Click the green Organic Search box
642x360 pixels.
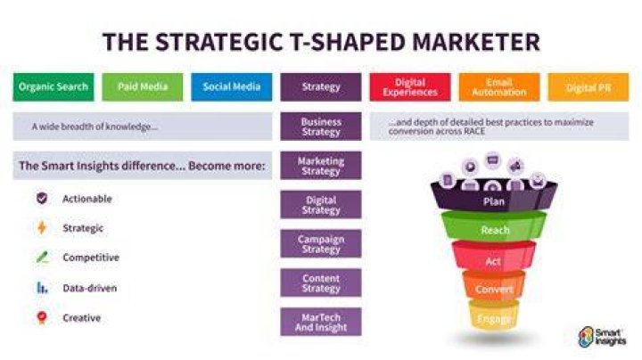tap(53, 87)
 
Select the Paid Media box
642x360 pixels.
tap(143, 87)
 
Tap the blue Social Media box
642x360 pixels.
tap(231, 87)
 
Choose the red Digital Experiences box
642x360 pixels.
tap(410, 87)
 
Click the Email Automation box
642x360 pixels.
tap(499, 87)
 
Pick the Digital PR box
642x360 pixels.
tap(588, 87)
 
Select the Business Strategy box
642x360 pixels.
tap(321, 127)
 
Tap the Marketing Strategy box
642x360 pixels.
tap(321, 166)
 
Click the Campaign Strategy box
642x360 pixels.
tap(321, 244)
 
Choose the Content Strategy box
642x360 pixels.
tap(321, 282)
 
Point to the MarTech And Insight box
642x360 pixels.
tap(321, 322)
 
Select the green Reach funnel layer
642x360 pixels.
tap(494, 227)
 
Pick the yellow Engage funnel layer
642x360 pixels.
tap(494, 315)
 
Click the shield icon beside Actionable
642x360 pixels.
tap(42, 199)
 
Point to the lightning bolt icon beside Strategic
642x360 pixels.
tap(42, 227)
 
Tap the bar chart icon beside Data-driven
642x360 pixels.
tap(42, 288)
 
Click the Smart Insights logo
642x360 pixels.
tap(602, 337)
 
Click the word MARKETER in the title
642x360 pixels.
tap(476, 42)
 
